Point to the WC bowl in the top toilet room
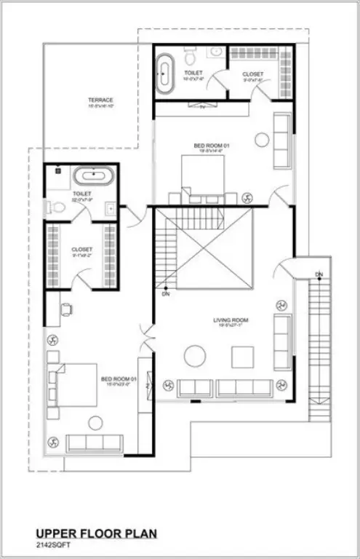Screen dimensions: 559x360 190,56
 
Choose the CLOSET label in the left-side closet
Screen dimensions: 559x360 81,249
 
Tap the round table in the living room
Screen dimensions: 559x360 195,355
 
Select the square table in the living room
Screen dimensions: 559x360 242,357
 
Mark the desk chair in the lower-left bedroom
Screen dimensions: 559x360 66,309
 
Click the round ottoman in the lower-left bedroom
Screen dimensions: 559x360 95,422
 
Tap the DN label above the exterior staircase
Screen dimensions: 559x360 319,274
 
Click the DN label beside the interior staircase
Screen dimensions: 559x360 166,295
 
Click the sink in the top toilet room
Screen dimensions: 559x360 216,52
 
